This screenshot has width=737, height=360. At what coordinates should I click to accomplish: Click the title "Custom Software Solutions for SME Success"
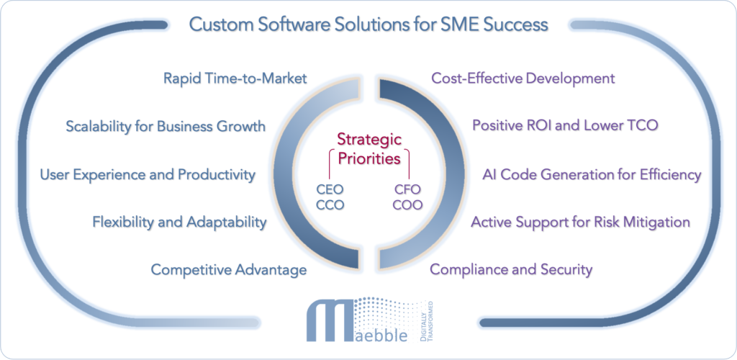(368, 24)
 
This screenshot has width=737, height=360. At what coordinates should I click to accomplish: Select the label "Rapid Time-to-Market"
(235, 78)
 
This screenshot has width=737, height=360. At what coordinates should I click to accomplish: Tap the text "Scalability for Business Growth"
(165, 127)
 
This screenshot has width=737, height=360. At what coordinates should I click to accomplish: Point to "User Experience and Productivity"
(147, 174)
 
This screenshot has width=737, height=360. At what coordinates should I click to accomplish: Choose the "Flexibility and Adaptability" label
(178, 222)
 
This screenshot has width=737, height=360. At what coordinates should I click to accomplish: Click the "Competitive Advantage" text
(228, 270)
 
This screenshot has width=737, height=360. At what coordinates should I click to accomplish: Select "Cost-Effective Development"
(523, 78)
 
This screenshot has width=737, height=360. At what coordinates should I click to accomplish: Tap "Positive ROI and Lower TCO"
(564, 125)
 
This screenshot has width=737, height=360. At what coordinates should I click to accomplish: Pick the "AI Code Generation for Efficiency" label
(591, 174)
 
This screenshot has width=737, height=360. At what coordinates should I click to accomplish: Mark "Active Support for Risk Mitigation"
(580, 222)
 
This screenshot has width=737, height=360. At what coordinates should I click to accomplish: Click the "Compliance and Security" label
(511, 270)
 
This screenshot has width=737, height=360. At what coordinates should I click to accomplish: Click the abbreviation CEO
(330, 189)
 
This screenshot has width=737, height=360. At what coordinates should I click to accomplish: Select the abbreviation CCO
(330, 204)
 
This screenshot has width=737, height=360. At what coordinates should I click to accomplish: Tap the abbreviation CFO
(407, 189)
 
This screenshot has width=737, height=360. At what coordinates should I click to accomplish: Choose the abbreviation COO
(407, 204)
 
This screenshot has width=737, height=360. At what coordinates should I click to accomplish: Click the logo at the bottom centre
(368, 320)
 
